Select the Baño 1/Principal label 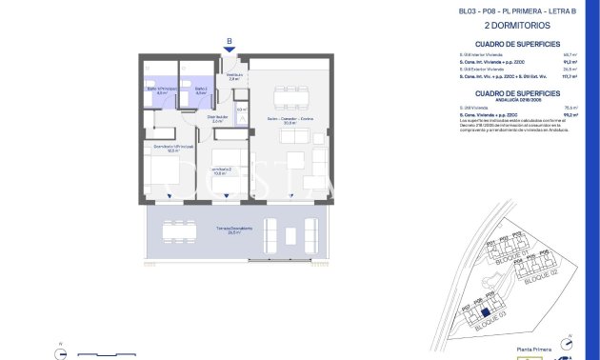coord(161,91)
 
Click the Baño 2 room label coord(201,91)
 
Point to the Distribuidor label coord(217,119)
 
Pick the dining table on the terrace coord(179,230)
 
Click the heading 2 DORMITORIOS coord(512,27)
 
